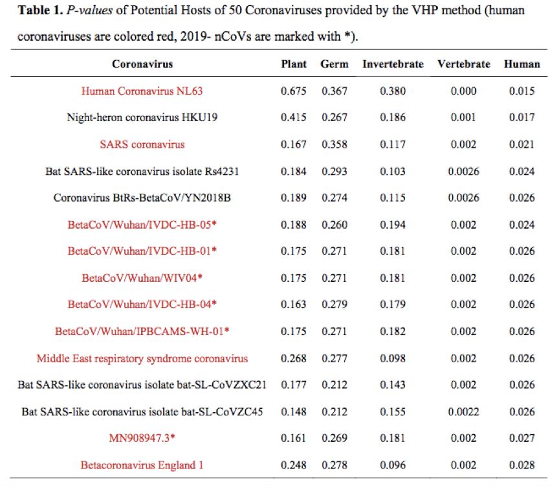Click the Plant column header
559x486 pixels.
(x=294, y=64)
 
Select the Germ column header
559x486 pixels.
(x=334, y=64)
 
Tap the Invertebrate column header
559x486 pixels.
(x=393, y=64)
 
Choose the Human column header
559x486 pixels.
(x=521, y=64)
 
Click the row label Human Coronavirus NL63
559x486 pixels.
(x=142, y=91)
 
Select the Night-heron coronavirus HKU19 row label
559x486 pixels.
(x=142, y=117)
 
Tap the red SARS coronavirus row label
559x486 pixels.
(x=142, y=145)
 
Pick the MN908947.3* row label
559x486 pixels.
(x=142, y=438)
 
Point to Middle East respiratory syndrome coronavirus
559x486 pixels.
(x=142, y=358)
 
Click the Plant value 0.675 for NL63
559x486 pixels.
(x=294, y=91)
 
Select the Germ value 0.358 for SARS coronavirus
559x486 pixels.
(x=334, y=145)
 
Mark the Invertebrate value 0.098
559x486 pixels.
(x=393, y=358)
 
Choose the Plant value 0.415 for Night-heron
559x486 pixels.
(x=294, y=117)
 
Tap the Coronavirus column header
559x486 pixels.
(x=142, y=64)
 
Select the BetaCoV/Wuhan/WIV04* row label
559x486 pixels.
(x=142, y=278)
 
